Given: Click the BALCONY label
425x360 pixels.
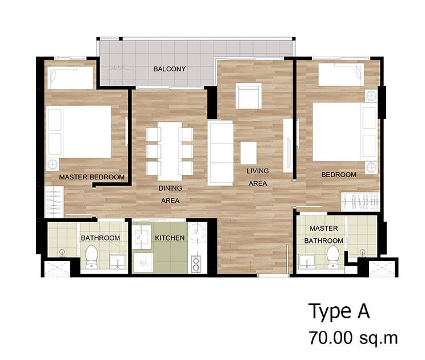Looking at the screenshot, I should (169, 69).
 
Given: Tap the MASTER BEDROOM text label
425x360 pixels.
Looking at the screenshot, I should (91, 177).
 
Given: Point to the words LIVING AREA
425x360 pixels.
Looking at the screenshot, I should (258, 177).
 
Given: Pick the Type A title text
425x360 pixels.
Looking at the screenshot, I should (339, 312).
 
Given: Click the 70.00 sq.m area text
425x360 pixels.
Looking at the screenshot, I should (353, 338).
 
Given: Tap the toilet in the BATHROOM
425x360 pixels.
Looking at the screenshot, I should (91, 255).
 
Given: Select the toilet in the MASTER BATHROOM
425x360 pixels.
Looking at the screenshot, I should (332, 255).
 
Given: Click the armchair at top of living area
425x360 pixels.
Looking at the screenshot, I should (248, 96).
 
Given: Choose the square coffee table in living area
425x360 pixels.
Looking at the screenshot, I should (248, 153).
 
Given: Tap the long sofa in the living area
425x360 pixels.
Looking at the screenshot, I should (220, 153).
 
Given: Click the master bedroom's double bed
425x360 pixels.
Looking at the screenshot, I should (80, 131).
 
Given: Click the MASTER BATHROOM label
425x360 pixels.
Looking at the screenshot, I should (323, 234).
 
